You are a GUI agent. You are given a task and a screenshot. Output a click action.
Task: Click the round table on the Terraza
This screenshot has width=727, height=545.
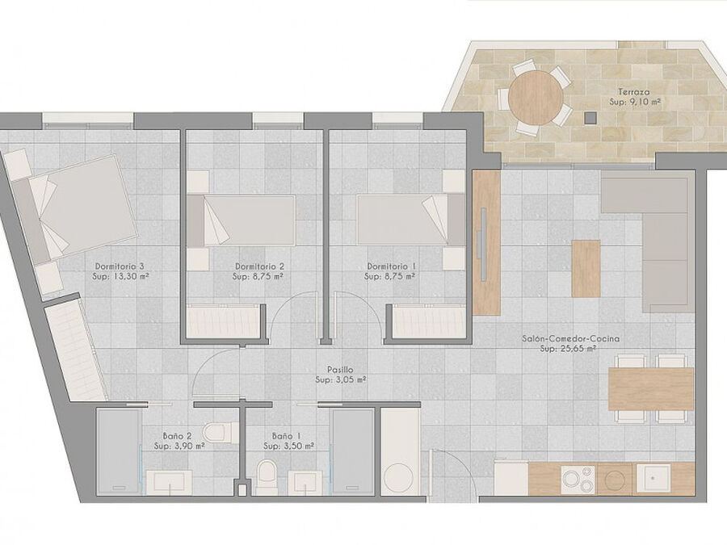click(535, 97)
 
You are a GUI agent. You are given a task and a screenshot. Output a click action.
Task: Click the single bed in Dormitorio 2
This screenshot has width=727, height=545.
click(241, 220)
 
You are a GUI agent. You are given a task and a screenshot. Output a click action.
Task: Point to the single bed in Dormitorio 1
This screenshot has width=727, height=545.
click(411, 220)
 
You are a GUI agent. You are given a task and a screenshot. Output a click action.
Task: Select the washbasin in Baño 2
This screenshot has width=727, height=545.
click(170, 483)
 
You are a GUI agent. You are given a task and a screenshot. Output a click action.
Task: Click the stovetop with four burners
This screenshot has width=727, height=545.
click(578, 480)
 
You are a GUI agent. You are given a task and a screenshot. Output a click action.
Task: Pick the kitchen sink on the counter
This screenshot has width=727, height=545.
click(653, 479)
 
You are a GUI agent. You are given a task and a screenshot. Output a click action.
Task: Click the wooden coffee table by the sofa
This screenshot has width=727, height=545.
click(586, 268)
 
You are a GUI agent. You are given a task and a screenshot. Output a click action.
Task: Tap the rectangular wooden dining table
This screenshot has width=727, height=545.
click(651, 388)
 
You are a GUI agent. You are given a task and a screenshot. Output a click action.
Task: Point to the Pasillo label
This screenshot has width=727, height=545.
click(340, 370)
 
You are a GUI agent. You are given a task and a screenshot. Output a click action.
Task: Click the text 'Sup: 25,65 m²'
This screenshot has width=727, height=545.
click(568, 349)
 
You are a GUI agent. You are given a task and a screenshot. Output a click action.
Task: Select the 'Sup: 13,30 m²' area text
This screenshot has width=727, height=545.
click(120, 276)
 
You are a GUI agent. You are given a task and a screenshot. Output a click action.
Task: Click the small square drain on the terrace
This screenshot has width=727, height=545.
click(590, 118)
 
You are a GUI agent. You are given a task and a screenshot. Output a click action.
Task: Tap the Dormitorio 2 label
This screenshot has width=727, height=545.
click(259, 266)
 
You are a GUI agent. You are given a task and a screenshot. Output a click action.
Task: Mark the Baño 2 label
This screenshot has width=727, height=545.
click(178, 436)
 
